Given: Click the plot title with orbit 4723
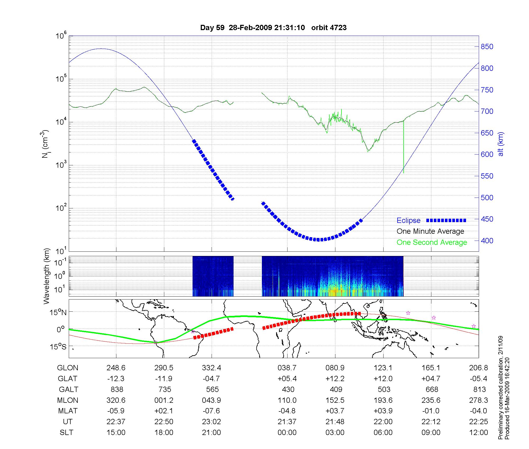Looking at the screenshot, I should click(x=273, y=28).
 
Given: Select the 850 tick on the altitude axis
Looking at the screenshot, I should click(x=487, y=47).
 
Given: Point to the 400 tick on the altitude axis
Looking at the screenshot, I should click(x=487, y=241).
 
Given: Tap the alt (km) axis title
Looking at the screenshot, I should click(x=501, y=144).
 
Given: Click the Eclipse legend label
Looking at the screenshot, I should click(x=408, y=221).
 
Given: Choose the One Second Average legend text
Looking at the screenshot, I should click(x=432, y=242).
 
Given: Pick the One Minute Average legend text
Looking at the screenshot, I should click(x=430, y=231).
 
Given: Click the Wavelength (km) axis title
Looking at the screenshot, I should click(x=47, y=276).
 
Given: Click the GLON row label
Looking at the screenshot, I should click(x=67, y=368).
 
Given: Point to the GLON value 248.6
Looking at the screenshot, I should click(x=116, y=368).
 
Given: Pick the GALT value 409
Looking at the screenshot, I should click(x=336, y=390).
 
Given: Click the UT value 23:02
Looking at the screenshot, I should click(x=211, y=422).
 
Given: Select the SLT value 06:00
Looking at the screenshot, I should click(x=383, y=433).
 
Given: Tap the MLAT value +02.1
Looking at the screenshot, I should click(x=164, y=411).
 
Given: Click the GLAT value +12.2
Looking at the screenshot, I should click(x=335, y=379).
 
